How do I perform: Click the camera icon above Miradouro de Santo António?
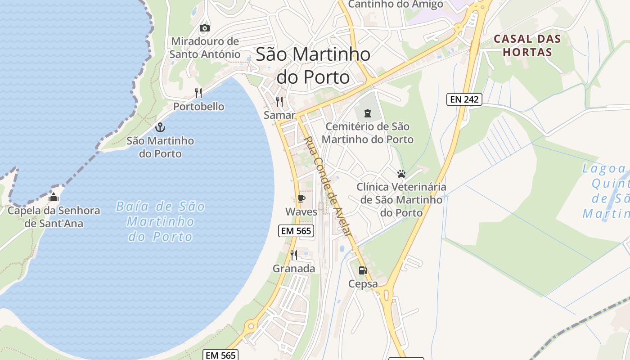pyautogui.click(x=205, y=28)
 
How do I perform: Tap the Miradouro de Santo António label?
pyautogui.click(x=205, y=48)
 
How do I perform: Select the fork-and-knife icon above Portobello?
pyautogui.click(x=198, y=93)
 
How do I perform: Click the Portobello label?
pyautogui.click(x=199, y=107)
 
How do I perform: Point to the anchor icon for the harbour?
pyautogui.click(x=160, y=127)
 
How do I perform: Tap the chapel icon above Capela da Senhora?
pyautogui.click(x=54, y=197)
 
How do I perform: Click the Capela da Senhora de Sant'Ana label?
pyautogui.click(x=54, y=216)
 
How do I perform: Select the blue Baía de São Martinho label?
pyautogui.click(x=161, y=221)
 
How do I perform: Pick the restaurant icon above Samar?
pyautogui.click(x=279, y=102)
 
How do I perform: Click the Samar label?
pyautogui.click(x=279, y=115)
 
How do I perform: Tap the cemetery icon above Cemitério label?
pyautogui.click(x=368, y=113)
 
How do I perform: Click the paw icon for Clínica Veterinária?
pyautogui.click(x=401, y=173)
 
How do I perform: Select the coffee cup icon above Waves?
pyautogui.click(x=301, y=198)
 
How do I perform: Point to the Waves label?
pyautogui.click(x=301, y=211)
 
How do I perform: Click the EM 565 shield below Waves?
pyautogui.click(x=296, y=231)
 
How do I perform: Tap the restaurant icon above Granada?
pyautogui.click(x=294, y=255)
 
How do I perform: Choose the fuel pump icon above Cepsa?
pyautogui.click(x=363, y=270)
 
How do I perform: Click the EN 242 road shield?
pyautogui.click(x=464, y=99)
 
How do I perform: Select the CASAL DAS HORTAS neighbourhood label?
pyautogui.click(x=527, y=45)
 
